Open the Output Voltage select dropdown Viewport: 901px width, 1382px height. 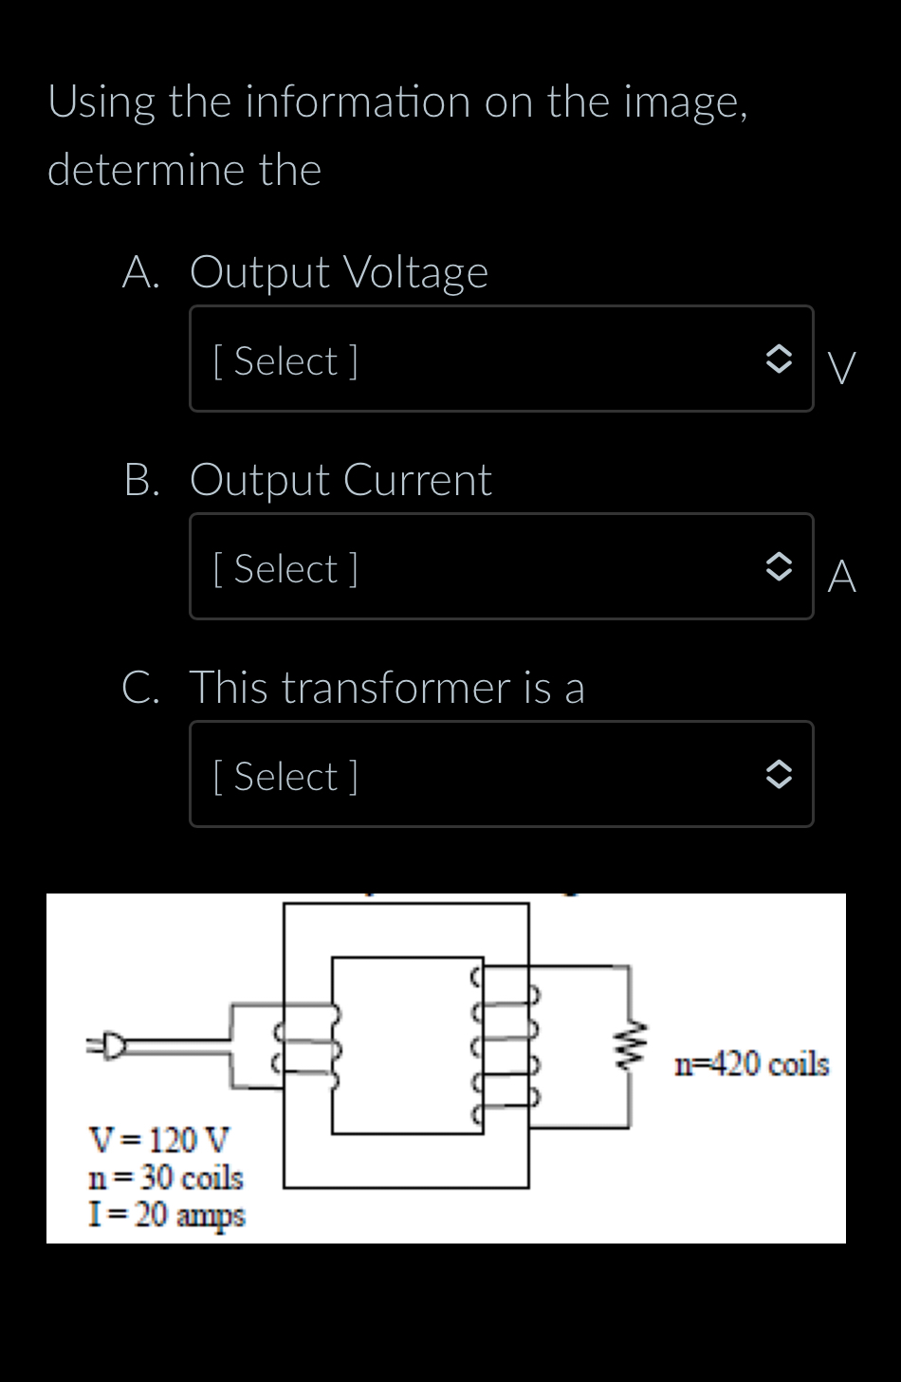click(501, 359)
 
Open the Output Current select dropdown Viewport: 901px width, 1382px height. click(501, 567)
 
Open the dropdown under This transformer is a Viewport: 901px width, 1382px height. click(501, 775)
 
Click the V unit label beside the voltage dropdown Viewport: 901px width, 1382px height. click(841, 368)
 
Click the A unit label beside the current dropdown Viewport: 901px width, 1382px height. click(841, 576)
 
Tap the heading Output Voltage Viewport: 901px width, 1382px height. click(339, 273)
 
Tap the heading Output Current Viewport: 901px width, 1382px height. click(340, 480)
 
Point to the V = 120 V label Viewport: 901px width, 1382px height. click(158, 1138)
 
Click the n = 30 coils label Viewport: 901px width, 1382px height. click(166, 1177)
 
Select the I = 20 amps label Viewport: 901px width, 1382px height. click(166, 1215)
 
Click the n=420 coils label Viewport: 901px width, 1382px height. click(751, 1064)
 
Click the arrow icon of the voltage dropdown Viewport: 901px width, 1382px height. click(778, 359)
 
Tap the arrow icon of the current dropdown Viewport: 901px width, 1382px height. click(778, 567)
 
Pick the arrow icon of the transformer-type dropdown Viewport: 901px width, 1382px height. click(778, 775)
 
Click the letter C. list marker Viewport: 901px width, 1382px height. click(140, 688)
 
